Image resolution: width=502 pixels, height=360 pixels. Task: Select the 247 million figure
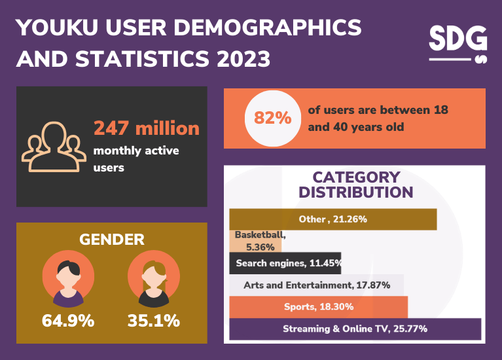click(146, 128)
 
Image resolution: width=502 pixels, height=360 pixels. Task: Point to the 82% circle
click(268, 118)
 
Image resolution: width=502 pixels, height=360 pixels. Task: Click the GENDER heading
click(111, 240)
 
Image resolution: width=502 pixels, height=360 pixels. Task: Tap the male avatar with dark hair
click(68, 280)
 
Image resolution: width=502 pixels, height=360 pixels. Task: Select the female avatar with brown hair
click(154, 280)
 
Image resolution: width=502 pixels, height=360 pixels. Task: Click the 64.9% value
click(68, 321)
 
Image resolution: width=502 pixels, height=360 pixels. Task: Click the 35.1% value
click(154, 321)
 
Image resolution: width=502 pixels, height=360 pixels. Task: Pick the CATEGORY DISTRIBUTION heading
click(355, 185)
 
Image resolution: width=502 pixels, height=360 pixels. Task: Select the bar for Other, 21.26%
click(332, 219)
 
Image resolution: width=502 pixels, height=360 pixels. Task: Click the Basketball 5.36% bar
click(255, 241)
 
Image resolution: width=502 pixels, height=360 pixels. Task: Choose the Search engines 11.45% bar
click(285, 263)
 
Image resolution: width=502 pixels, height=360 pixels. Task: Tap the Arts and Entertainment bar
click(317, 285)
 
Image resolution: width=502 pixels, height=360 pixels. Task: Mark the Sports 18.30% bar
click(318, 307)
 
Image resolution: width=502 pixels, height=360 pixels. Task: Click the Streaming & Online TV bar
click(355, 329)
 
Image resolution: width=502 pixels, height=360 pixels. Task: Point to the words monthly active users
click(136, 159)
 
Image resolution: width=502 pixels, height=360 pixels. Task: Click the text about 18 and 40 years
click(378, 118)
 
